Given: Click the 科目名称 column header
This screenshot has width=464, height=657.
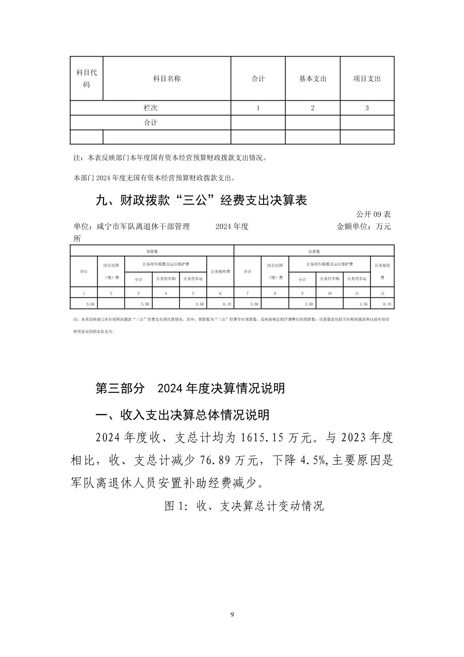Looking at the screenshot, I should point(167,79).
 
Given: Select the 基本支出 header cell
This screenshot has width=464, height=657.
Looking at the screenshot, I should point(312,79).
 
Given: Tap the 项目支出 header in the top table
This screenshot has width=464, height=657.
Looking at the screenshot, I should point(367,79).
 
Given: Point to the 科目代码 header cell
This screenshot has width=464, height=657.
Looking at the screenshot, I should point(86,78).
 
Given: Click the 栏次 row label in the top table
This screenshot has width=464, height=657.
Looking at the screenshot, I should point(150,108).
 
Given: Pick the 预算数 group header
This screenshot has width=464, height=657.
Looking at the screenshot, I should point(152,251).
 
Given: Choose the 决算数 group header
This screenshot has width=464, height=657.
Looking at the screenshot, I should point(314,251).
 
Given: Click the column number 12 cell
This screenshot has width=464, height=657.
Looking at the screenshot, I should point(382,293).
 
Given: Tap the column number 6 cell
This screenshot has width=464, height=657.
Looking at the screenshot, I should point(220,293).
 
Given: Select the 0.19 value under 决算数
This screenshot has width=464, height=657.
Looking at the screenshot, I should point(386,304).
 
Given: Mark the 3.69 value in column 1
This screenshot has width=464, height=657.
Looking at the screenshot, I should point(90,304).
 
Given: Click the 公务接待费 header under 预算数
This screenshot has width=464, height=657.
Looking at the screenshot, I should point(220,271).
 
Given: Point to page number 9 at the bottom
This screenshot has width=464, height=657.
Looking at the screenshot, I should point(232,614).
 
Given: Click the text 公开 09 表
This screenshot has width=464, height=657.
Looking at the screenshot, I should point(373,214).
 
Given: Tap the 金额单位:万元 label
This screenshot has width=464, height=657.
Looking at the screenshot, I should point(363,226).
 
